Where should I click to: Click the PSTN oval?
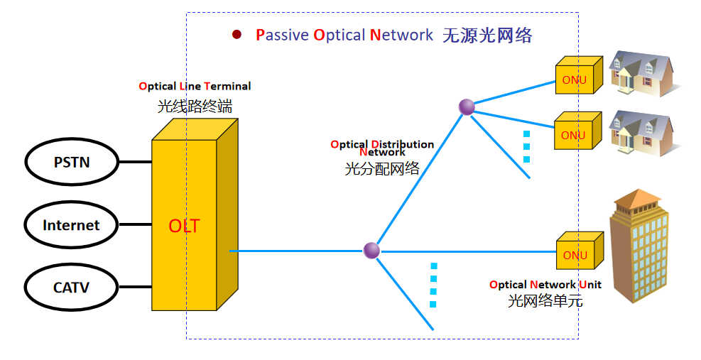pos(72,162)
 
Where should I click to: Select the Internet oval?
pos(71,225)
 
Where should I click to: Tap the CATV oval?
pos(71,288)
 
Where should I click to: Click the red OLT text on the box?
pos(184,227)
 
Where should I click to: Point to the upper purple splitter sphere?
pos(467,107)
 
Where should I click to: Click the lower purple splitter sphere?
pos(371,250)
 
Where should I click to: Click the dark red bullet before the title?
pos(237,34)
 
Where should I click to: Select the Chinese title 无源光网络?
pos(487,36)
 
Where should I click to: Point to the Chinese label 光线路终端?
pos(195,107)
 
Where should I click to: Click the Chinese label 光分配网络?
pos(381,168)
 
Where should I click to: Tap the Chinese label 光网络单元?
pos(545,300)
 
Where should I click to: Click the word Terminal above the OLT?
pos(227,86)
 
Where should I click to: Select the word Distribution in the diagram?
pos(402,144)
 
